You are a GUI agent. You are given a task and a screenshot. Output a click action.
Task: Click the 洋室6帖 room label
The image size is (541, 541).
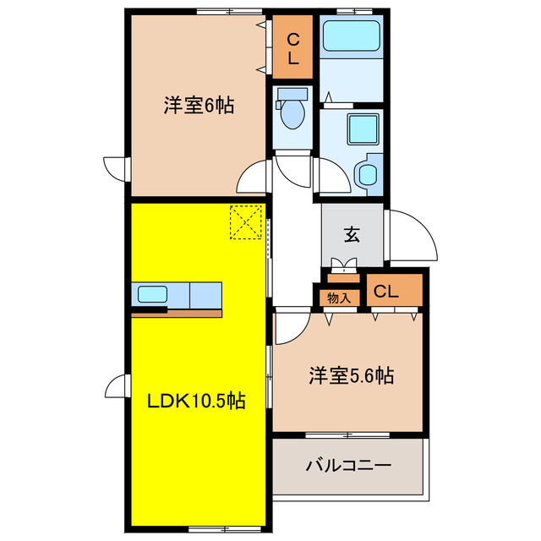199,106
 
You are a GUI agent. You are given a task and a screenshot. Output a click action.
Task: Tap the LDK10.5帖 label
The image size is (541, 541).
198,401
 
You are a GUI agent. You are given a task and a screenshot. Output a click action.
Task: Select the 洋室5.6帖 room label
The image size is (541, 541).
350,375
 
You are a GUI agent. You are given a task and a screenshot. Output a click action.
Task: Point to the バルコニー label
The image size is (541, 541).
347,466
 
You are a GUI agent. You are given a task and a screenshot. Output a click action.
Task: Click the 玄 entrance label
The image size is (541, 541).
352,235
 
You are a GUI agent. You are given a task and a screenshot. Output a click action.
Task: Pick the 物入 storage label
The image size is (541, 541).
339,297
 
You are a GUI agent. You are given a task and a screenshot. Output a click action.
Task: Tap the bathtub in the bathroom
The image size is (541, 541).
353,36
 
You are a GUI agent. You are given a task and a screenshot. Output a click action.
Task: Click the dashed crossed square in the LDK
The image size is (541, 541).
245,222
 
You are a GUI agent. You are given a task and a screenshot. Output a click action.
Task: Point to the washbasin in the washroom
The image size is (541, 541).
369,174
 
